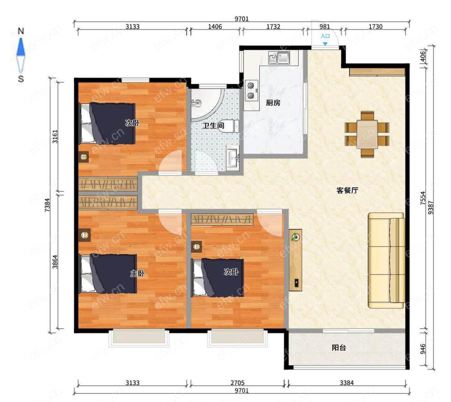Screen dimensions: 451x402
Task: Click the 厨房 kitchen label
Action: coord(273,103)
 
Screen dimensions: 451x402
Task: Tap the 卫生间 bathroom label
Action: coord(213,126)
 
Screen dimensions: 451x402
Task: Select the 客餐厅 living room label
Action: coord(347,190)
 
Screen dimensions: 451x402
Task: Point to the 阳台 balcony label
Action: coord(339,348)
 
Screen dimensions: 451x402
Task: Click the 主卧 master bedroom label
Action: coord(137,273)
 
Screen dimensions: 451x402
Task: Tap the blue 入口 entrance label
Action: coord(325,36)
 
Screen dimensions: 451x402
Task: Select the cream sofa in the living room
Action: coord(387,261)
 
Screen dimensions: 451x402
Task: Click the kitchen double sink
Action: coord(279,58)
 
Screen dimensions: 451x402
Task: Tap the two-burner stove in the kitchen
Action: coord(251,90)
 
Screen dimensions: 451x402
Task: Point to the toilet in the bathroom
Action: coord(229,126)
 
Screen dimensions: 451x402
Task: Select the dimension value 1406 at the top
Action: coord(215,27)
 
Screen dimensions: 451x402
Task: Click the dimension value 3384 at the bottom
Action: coord(346,383)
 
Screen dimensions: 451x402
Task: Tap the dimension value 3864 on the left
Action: coord(55,262)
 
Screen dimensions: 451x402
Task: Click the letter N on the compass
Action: coord(21,31)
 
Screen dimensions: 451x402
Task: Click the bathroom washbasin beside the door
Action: coord(232,158)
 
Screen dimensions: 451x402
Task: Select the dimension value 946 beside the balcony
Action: coord(423,349)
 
